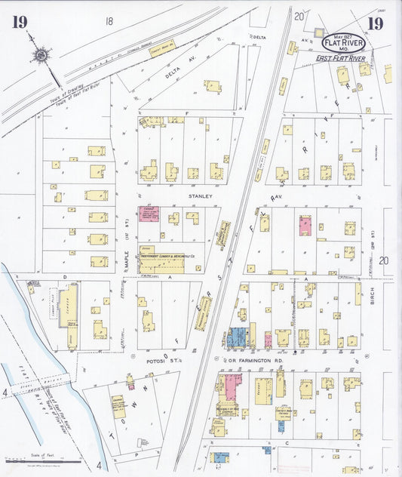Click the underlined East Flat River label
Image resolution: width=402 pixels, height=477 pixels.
tap(340, 57)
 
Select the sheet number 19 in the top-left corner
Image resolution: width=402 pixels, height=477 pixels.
tap(20, 21)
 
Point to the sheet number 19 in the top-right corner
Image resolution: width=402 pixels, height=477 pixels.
tap(374, 22)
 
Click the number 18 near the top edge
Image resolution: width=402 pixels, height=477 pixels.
tap(111, 22)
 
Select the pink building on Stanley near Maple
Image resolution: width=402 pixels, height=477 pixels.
tap(148, 214)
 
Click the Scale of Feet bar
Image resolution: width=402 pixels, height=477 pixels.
tap(43, 459)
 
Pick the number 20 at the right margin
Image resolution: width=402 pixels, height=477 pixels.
tap(384, 260)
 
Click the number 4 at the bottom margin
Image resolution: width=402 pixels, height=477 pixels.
tap(98, 466)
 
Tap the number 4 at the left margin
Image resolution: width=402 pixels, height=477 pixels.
tap(5, 392)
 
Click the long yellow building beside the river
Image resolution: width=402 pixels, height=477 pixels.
tap(69, 316)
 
